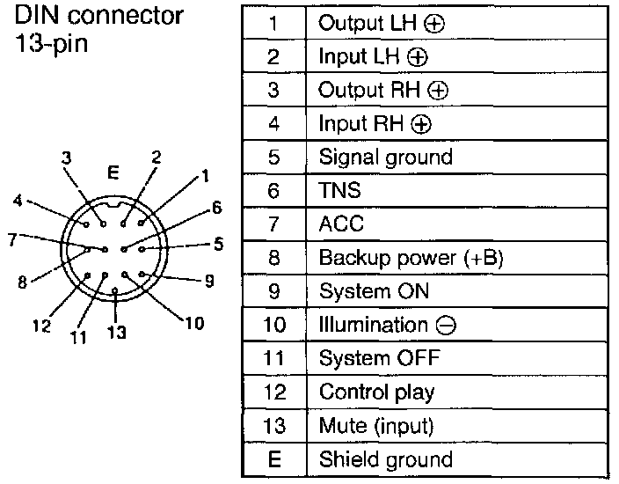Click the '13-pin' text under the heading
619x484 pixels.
tap(50, 45)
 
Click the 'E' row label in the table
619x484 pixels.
tap(273, 459)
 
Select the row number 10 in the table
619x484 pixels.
tap(273, 325)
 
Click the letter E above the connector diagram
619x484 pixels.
tap(112, 172)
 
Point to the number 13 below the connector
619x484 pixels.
tap(116, 332)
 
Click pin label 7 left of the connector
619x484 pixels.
tap(11, 238)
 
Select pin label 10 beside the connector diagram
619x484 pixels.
tap(194, 322)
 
